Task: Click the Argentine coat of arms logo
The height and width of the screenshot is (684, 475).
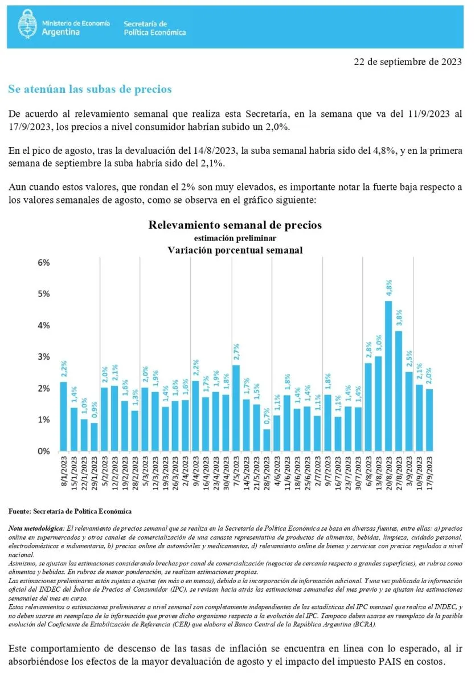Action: (x=27, y=24)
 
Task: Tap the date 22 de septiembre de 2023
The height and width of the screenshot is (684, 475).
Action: (x=408, y=62)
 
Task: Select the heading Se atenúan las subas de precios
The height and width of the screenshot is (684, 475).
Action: (x=90, y=89)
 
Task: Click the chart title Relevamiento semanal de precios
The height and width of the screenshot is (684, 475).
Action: (x=235, y=225)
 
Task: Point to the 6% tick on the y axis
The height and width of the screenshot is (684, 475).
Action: (x=44, y=263)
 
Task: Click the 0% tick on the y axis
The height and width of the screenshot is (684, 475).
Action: (x=44, y=451)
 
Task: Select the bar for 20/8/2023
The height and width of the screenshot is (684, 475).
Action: (x=388, y=376)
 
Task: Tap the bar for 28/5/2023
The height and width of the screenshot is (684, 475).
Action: (x=267, y=440)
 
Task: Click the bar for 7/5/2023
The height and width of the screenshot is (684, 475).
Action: (x=236, y=408)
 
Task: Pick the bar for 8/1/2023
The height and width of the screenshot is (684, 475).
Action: (x=63, y=417)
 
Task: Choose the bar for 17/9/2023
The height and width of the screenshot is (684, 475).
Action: (x=429, y=420)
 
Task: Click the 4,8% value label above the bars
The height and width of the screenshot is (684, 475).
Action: (x=389, y=288)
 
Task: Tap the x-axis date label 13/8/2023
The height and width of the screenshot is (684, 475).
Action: (x=379, y=473)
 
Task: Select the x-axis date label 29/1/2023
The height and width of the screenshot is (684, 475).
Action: (x=95, y=473)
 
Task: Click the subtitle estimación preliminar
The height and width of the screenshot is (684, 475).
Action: (x=235, y=238)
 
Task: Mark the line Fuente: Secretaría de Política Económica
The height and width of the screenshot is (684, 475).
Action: (x=70, y=511)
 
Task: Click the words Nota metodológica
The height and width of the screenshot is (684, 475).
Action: (x=36, y=528)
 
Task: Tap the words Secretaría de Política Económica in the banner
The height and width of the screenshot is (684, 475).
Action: (x=155, y=28)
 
